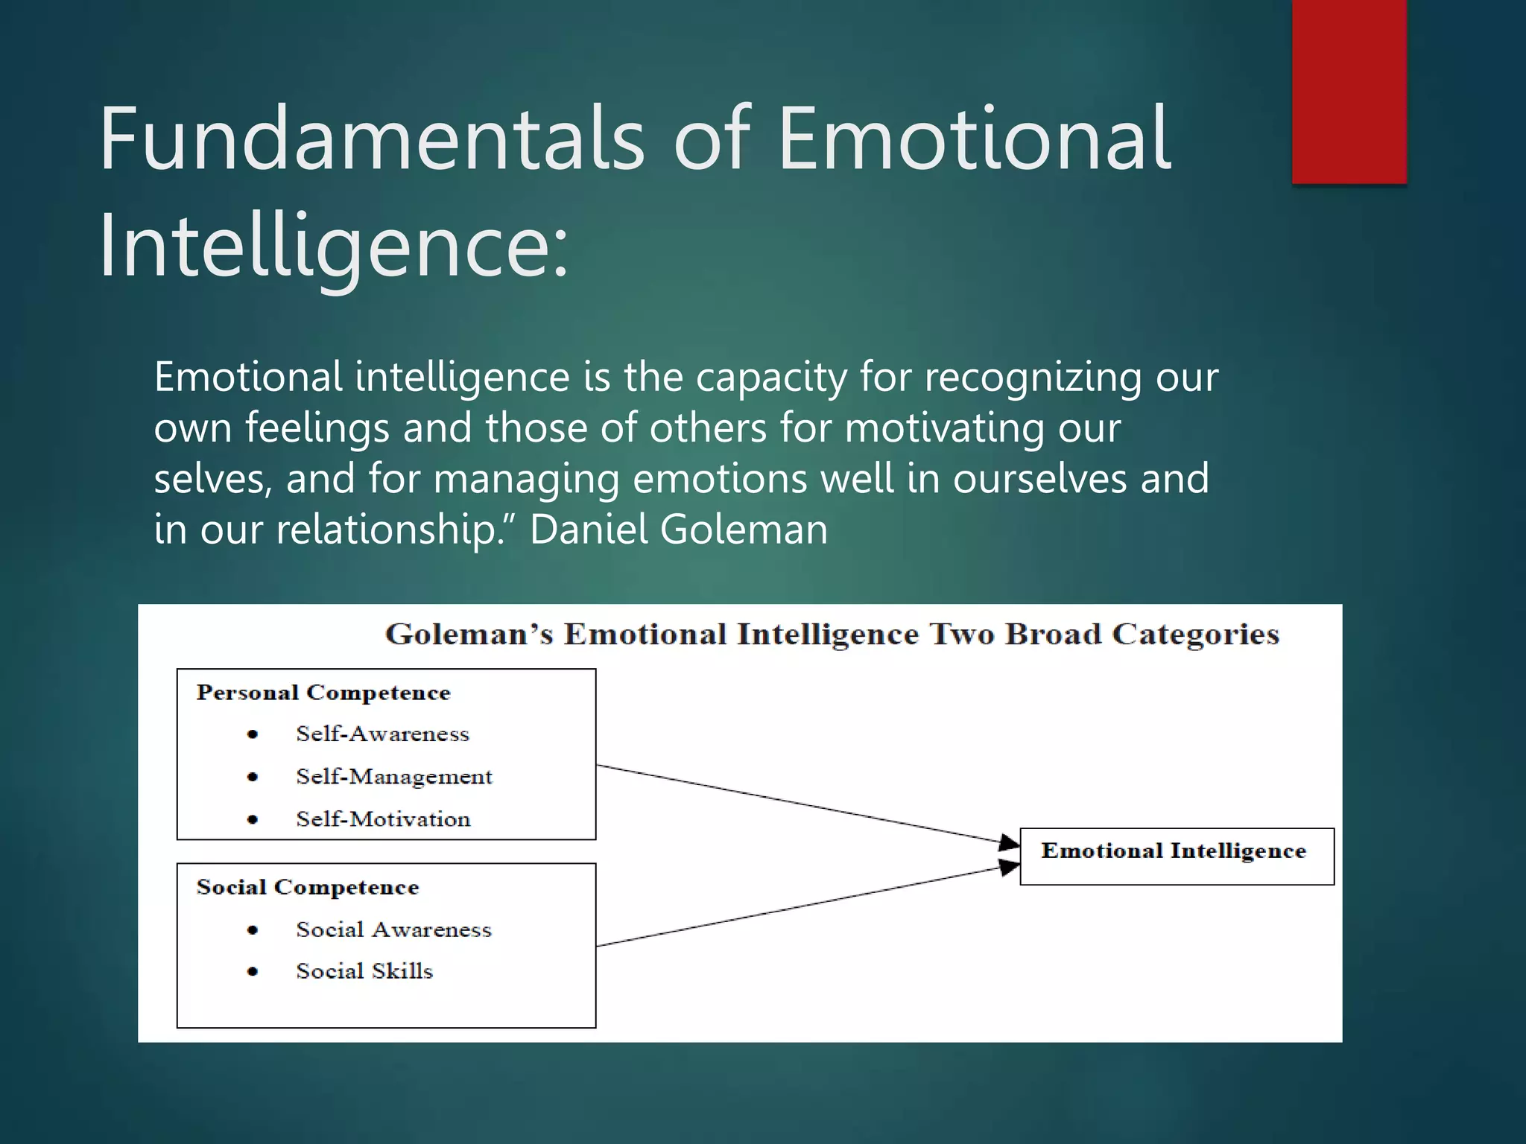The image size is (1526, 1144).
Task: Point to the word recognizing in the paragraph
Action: click(x=1033, y=377)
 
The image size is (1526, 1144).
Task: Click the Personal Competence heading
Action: click(x=323, y=693)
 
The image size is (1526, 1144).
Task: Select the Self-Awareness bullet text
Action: click(x=382, y=734)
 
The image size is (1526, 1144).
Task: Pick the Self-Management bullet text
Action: click(x=394, y=777)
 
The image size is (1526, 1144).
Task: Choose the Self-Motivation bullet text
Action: click(x=383, y=819)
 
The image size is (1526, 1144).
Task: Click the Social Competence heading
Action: click(x=308, y=887)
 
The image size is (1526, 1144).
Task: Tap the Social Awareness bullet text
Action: click(x=393, y=929)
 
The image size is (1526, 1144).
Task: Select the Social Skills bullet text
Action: click(x=364, y=971)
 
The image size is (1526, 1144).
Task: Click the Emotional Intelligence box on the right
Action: click(x=1176, y=856)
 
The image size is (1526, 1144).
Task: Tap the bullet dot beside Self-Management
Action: click(x=253, y=777)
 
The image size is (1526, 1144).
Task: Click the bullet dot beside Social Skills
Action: click(x=253, y=971)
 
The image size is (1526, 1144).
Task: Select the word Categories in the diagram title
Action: click(x=1195, y=635)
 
